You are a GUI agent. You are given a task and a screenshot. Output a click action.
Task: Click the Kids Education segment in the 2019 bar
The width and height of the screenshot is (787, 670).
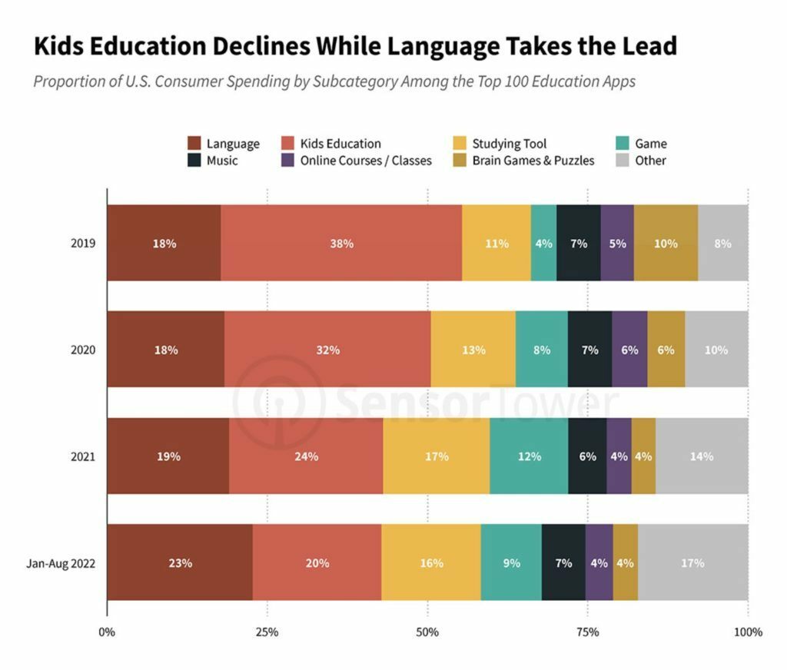341,244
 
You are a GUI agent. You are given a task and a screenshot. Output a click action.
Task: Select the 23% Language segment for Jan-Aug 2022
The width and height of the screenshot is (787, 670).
180,562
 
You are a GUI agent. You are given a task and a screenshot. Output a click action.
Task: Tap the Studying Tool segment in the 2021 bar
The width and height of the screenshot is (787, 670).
437,456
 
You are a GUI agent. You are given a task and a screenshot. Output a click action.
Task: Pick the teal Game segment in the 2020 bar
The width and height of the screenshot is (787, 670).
542,350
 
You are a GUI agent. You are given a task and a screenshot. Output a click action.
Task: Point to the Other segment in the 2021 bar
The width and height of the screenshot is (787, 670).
702,456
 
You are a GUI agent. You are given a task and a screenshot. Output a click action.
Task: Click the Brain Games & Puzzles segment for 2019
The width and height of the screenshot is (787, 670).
666,244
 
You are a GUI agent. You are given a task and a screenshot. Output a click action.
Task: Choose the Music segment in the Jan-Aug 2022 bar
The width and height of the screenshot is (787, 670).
563,562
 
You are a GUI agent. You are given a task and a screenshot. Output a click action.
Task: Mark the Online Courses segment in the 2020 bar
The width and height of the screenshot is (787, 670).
629,350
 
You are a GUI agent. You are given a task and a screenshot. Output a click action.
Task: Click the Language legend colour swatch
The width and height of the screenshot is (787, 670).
194,144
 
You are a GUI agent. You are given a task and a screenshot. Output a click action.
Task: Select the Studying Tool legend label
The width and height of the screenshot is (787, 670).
509,144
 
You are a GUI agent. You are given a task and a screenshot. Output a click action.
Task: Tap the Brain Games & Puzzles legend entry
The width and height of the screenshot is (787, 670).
533,161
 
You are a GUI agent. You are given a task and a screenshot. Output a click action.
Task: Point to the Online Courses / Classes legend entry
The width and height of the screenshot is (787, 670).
366,161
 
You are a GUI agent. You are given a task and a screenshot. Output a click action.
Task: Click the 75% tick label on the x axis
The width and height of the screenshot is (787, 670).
587,632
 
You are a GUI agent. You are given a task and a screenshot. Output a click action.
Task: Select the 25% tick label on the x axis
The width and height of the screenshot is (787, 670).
267,632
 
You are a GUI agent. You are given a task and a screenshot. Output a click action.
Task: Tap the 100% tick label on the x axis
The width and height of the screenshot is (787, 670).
748,632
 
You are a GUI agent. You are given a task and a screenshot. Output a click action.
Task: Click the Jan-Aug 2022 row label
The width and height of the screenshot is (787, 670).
61,562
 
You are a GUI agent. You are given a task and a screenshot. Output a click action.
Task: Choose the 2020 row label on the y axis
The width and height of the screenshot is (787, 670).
82,350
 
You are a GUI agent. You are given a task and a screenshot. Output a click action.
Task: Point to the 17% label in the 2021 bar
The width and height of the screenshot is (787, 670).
437,456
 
